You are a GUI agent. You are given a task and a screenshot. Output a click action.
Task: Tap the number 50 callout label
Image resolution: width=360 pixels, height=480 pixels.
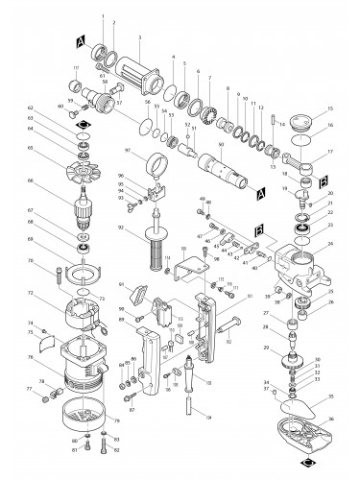(x=221, y=145)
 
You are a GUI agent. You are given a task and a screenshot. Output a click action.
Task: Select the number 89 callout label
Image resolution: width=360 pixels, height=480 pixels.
(x=121, y=321)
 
